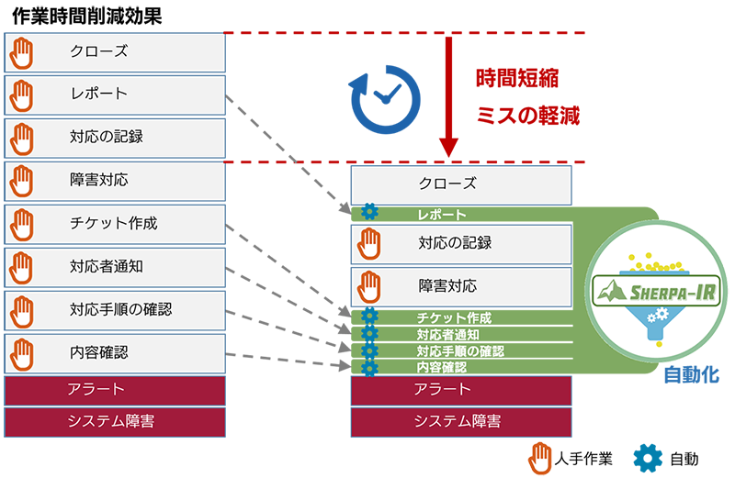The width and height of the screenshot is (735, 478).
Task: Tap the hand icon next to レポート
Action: [21, 94]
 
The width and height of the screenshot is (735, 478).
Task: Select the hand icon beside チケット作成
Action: [21, 224]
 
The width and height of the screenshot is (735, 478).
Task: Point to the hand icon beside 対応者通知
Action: [21, 267]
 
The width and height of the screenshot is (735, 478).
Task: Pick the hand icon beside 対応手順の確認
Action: [21, 310]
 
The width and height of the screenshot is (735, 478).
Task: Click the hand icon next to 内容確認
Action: [21, 352]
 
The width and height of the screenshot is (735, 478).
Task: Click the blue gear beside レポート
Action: [370, 214]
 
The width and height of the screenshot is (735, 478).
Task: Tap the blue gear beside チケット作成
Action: [370, 318]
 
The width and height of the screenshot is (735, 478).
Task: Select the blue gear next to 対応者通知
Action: [370, 335]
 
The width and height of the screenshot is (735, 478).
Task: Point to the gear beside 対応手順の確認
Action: [370, 351]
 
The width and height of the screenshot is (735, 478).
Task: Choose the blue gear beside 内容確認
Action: [370, 368]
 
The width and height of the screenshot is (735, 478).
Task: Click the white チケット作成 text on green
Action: [454, 318]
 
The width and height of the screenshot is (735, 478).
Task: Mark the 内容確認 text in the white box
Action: [98, 352]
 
